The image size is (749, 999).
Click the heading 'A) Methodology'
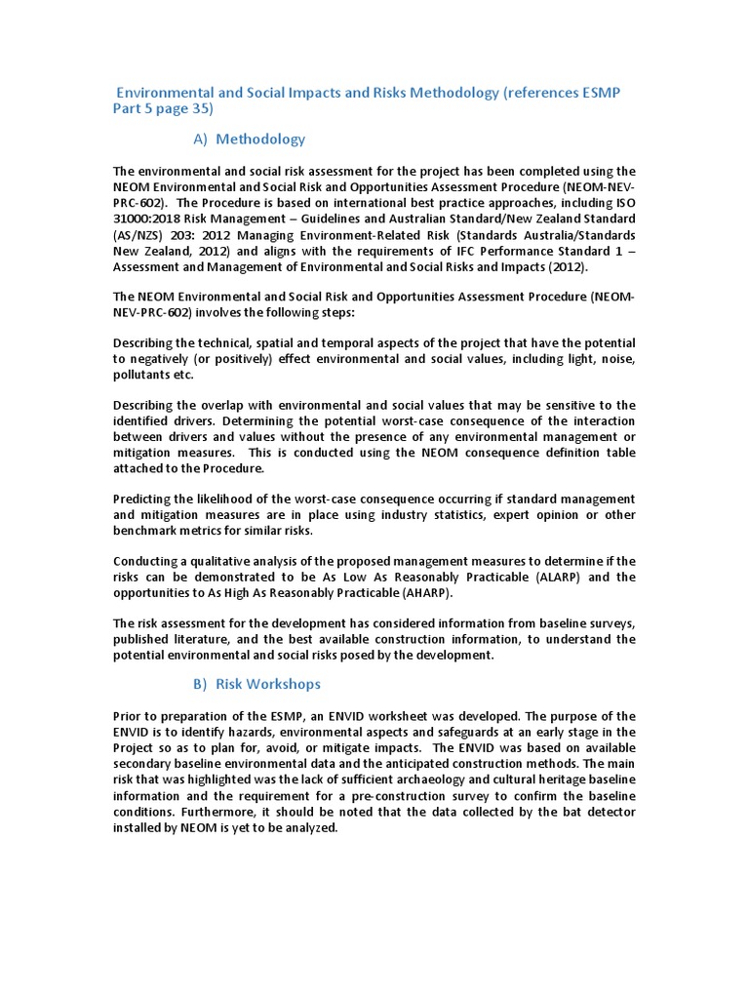pos(249,139)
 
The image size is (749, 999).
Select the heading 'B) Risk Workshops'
pos(256,684)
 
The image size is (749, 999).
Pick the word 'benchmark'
pos(147,530)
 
